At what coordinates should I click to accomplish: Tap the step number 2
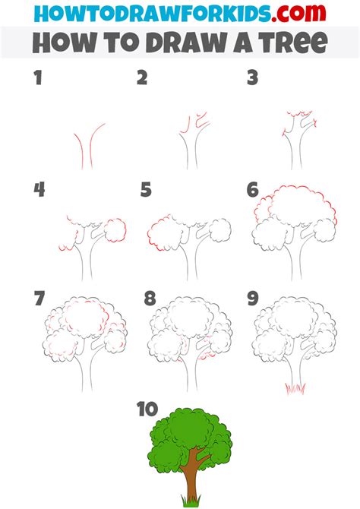tap(142, 77)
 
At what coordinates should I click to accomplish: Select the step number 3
tap(251, 77)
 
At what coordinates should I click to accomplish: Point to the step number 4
tap(39, 190)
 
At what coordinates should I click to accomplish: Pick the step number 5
tap(146, 190)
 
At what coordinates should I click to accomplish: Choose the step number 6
tap(253, 190)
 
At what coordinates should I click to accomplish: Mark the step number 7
tap(39, 298)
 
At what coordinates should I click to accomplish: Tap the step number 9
tap(253, 298)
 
